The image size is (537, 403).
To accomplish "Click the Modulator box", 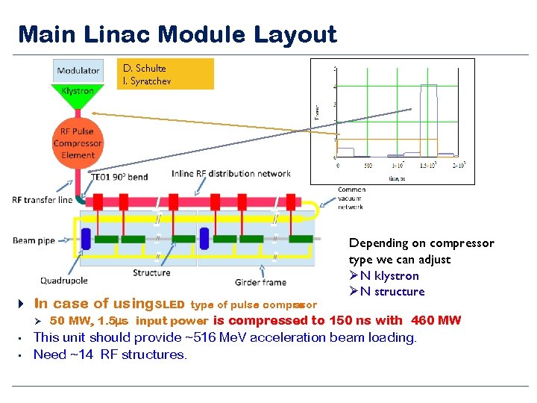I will click(78, 71).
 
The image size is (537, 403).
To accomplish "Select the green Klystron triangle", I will click(78, 94).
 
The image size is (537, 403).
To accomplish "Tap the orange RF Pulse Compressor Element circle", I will click(78, 143).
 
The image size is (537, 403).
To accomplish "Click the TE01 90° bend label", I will click(119, 178).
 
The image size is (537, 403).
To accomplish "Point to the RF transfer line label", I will click(43, 199).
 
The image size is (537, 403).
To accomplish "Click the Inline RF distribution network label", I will click(230, 174).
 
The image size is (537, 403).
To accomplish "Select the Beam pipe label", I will click(34, 240).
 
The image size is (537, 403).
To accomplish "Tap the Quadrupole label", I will click(64, 281).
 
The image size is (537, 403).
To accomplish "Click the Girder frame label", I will click(260, 282).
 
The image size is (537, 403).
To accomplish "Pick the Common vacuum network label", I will click(351, 198).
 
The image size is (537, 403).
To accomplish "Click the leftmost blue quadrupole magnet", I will click(86, 239).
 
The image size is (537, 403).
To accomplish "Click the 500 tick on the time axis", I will click(367, 165).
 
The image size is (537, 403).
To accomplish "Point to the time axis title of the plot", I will click(398, 178).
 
